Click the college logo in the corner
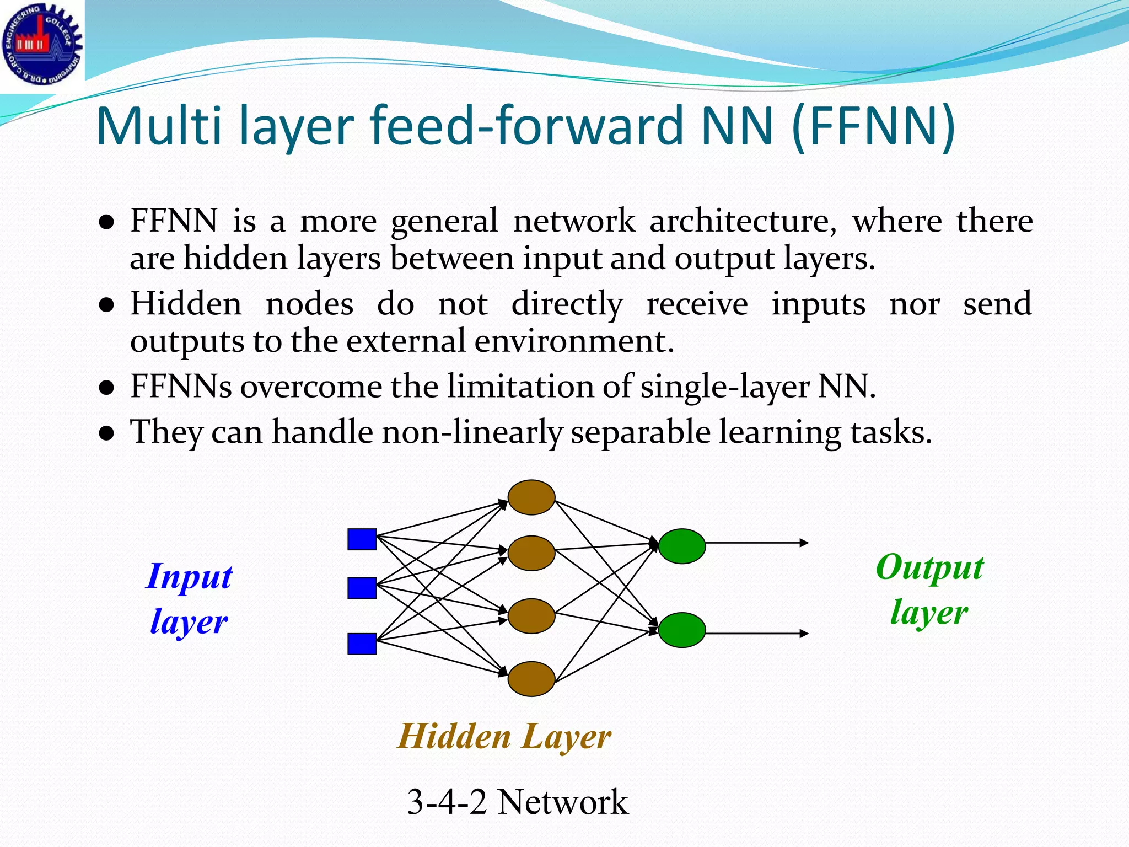[42, 44]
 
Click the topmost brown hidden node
[531, 497]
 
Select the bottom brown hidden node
[531, 679]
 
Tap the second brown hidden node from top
[531, 553]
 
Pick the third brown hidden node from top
[531, 616]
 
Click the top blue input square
[362, 539]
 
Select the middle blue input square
[362, 588]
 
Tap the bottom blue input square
[362, 644]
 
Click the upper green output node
[682, 546]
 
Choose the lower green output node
[682, 630]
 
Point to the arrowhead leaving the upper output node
[805, 543]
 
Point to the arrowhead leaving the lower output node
[805, 634]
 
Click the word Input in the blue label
[189, 577]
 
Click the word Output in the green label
[929, 568]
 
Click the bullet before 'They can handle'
[107, 433]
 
